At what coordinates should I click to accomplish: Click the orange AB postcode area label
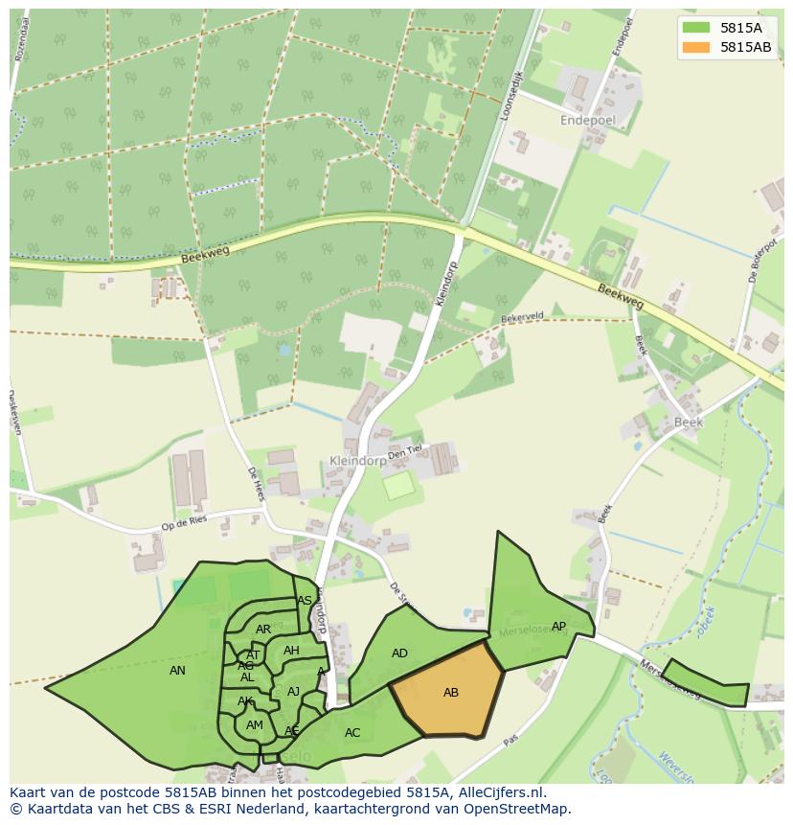pyautogui.click(x=451, y=693)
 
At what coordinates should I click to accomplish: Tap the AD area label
pyautogui.click(x=399, y=653)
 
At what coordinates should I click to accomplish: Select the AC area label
pyautogui.click(x=352, y=733)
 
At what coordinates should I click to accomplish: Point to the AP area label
pyautogui.click(x=559, y=627)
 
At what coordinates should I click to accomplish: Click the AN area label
pyautogui.click(x=177, y=671)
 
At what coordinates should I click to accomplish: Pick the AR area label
pyautogui.click(x=263, y=630)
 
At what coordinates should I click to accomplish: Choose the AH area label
pyautogui.click(x=291, y=651)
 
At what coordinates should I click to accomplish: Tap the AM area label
pyautogui.click(x=254, y=725)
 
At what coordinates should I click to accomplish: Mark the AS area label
pyautogui.click(x=305, y=601)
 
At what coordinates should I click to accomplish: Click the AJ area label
pyautogui.click(x=293, y=692)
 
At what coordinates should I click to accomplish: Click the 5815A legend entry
pyautogui.click(x=741, y=28)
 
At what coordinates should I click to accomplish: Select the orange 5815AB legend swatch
pyautogui.click(x=696, y=47)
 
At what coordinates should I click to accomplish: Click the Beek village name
pyautogui.click(x=688, y=422)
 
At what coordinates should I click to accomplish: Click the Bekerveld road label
pyautogui.click(x=522, y=317)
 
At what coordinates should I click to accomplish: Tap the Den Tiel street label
pyautogui.click(x=405, y=451)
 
